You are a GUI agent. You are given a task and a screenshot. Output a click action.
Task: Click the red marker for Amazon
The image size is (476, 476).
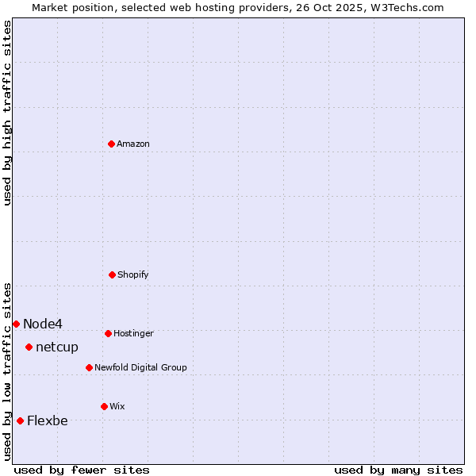click(112, 144)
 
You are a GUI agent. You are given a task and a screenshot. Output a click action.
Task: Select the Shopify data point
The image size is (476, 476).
click(113, 274)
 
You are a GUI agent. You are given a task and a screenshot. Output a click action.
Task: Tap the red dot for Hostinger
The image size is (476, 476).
click(109, 333)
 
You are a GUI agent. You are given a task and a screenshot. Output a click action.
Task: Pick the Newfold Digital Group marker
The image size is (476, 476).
click(90, 367)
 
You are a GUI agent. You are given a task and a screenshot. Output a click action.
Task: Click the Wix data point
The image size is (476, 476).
click(104, 406)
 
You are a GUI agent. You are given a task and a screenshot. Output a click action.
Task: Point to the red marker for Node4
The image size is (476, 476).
click(16, 324)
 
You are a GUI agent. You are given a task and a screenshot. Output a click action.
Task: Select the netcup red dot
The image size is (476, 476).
click(29, 347)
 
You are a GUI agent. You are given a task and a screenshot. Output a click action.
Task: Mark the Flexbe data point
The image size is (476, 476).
click(21, 420)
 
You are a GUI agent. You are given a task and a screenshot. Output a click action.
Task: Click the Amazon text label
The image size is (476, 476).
click(133, 144)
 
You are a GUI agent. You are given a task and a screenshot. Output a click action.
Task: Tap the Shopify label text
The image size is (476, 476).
click(133, 275)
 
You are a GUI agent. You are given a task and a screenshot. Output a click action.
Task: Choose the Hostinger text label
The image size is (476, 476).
click(133, 334)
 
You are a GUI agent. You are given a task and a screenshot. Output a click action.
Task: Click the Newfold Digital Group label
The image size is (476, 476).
click(140, 368)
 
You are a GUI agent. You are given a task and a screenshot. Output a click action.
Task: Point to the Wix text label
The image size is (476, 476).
click(117, 407)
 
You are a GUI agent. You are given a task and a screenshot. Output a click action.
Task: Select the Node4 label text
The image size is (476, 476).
click(43, 324)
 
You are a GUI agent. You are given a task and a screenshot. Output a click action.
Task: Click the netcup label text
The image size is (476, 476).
click(57, 347)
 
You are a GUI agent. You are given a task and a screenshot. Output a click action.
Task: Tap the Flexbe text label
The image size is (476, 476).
click(48, 421)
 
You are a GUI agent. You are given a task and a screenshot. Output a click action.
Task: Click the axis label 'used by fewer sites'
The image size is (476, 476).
click(82, 470)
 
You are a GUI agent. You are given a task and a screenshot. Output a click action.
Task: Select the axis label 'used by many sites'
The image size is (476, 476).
click(398, 470)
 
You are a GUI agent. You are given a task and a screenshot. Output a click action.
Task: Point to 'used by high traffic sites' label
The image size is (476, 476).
click(7, 113)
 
